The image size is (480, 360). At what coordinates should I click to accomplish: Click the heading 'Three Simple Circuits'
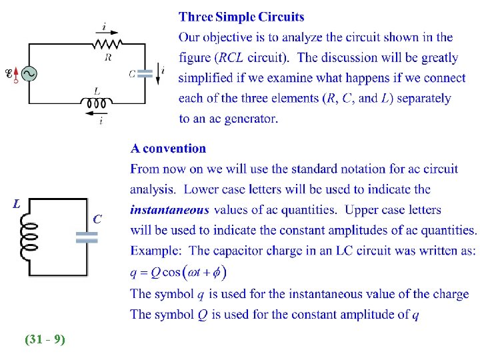[x=241, y=17]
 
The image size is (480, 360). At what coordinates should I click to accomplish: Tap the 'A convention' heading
[x=168, y=148]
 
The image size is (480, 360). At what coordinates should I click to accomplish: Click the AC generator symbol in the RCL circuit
[x=28, y=74]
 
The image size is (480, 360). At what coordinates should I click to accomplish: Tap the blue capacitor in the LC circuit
[x=87, y=237]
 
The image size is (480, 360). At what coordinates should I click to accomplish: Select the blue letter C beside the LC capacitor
[x=97, y=218]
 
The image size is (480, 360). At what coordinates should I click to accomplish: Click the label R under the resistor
[x=108, y=57]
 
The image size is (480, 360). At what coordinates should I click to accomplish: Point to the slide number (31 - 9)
[x=45, y=339]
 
